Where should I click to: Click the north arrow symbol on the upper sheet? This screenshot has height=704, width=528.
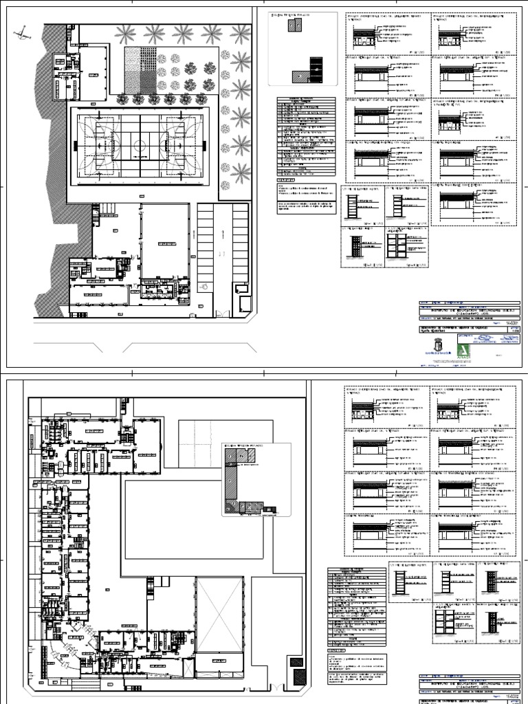coord(24,31)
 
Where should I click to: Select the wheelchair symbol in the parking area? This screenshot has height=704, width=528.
coord(203,286)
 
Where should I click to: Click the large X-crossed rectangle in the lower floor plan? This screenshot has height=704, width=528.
coord(219,615)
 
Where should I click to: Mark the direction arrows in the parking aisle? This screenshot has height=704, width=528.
coord(222,253)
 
